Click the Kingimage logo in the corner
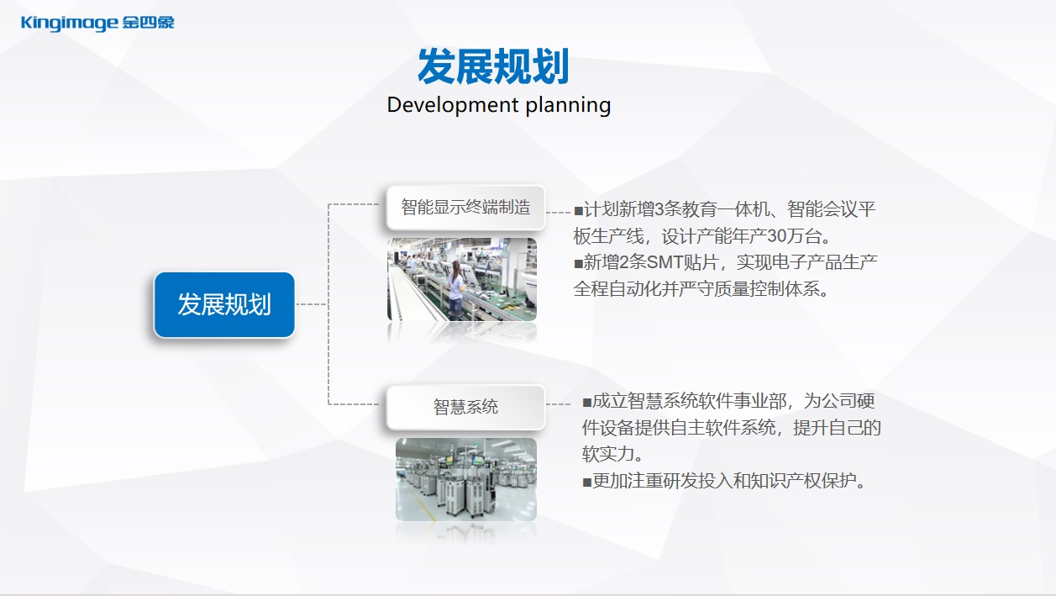point(97,23)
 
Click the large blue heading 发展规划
point(493,66)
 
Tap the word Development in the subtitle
point(453,105)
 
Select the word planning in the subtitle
point(568,105)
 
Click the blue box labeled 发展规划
point(224,304)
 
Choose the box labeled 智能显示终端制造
point(465,207)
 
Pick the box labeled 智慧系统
point(465,407)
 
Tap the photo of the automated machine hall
point(465,479)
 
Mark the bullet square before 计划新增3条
point(579,210)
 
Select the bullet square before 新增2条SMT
point(579,263)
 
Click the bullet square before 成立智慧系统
point(587,403)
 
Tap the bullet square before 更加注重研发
point(587,483)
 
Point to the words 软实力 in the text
point(608,454)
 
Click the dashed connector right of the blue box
point(312,304)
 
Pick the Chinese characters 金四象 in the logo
point(149,22)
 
